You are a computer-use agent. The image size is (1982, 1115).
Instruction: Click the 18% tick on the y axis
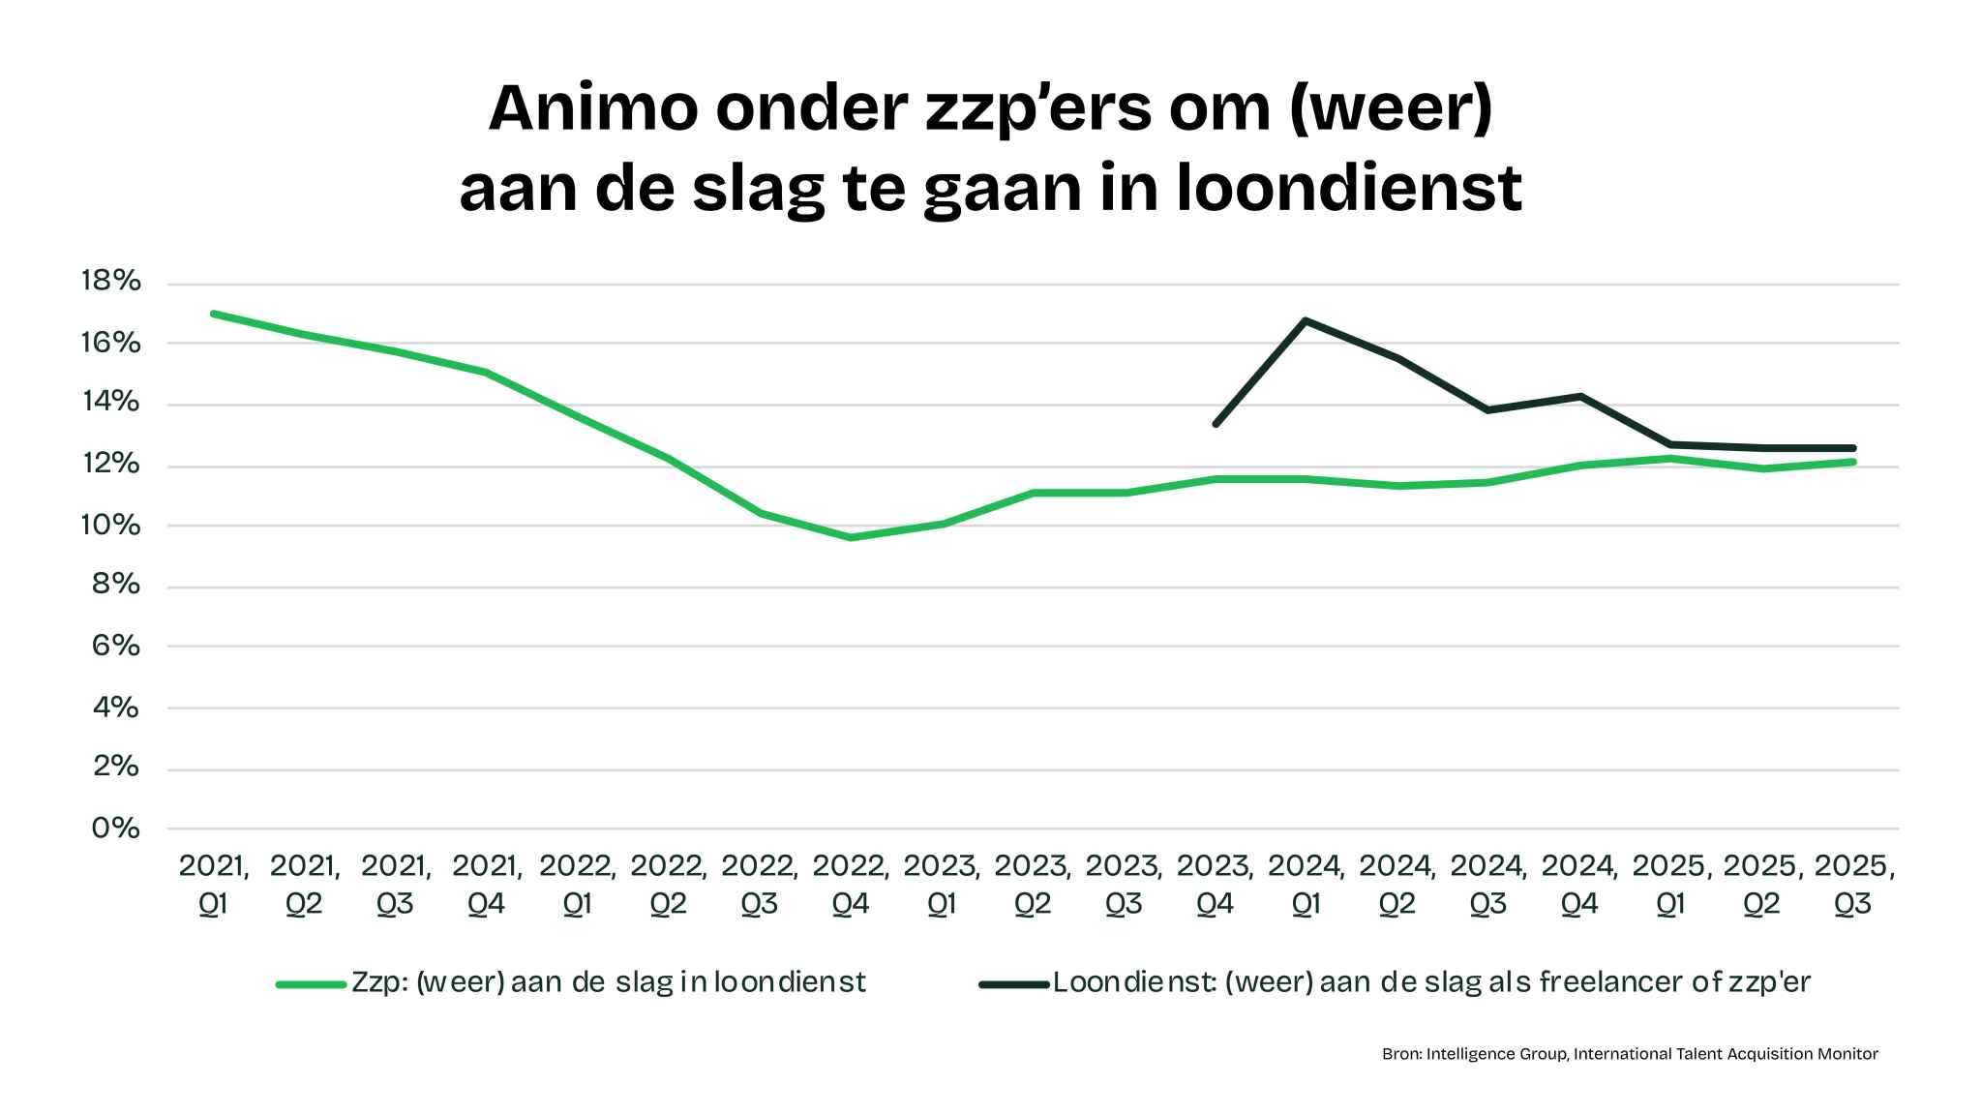tap(111, 282)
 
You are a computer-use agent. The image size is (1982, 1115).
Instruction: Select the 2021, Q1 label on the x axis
tap(213, 885)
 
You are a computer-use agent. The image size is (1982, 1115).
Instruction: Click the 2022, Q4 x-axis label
tap(851, 885)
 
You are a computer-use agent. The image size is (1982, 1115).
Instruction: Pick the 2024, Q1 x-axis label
tap(1306, 885)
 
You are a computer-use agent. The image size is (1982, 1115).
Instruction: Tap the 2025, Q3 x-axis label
tap(1853, 885)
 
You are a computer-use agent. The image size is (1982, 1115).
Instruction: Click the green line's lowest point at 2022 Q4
tap(851, 537)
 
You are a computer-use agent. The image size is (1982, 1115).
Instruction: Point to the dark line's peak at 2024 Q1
tap(1306, 319)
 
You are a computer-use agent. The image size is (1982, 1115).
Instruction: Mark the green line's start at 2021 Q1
tap(213, 314)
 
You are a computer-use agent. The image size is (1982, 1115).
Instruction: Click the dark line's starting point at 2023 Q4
tap(1216, 424)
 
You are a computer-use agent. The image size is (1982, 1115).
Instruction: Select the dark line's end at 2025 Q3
tap(1852, 448)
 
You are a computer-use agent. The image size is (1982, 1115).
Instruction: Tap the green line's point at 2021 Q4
tap(486, 372)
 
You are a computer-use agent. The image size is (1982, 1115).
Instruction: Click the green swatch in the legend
tap(311, 984)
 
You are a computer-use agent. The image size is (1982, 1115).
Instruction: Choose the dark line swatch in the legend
tap(1013, 984)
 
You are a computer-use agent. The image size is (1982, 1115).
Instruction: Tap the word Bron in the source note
tap(1400, 1054)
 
